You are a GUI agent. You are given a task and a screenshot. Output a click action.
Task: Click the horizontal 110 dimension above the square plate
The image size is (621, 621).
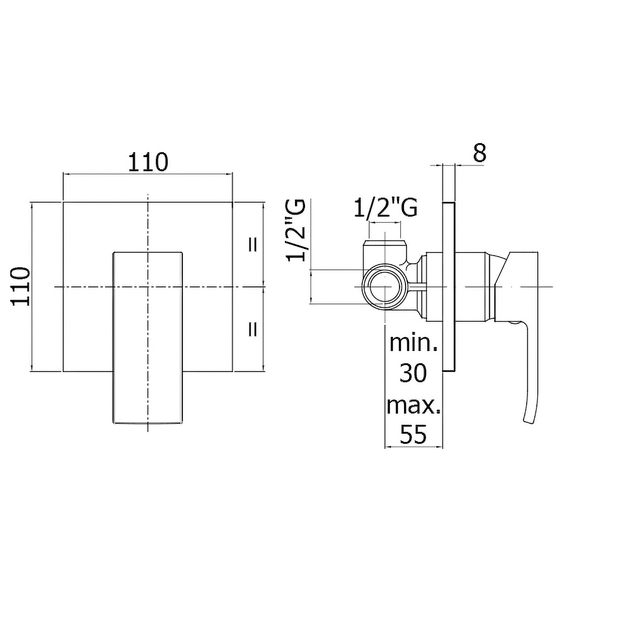click(148, 162)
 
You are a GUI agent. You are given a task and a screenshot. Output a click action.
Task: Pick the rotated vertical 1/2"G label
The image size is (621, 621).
click(296, 231)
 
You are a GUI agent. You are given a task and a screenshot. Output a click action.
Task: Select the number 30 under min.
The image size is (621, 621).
click(413, 373)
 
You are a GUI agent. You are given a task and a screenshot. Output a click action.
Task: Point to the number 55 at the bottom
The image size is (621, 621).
click(413, 435)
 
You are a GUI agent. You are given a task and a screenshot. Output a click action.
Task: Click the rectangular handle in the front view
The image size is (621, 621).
click(148, 338)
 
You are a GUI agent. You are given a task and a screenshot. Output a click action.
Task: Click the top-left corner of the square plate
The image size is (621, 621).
click(63, 202)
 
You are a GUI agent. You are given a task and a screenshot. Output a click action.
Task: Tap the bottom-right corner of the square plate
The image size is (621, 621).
click(232, 371)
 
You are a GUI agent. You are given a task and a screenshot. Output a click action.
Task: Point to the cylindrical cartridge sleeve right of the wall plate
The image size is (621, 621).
click(473, 287)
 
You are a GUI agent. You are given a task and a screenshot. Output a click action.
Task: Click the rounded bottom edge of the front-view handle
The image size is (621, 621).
click(148, 423)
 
